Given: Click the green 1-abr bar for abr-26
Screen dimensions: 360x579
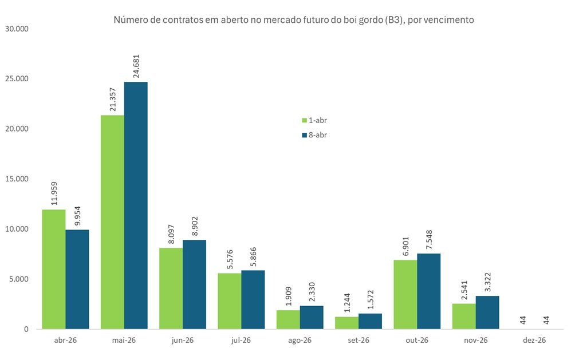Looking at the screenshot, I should pos(53,269).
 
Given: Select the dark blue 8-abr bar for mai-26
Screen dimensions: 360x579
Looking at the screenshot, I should pos(136,205).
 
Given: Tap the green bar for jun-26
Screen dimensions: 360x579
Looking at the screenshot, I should pos(171,288).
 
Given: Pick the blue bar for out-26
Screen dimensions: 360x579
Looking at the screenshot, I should pos(428,291).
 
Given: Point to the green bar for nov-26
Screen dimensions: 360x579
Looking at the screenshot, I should pos(463,316).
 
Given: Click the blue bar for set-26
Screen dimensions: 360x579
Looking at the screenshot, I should pos(370,321).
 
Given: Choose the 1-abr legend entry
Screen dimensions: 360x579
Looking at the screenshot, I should pos(314,120).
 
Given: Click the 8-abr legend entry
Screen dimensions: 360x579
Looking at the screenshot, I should pos(314,135).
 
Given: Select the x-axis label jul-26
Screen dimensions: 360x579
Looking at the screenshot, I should pos(241,340).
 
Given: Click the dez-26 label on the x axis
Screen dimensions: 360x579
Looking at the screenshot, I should pos(534,340).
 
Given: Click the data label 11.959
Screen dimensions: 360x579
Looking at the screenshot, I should pos(53,193).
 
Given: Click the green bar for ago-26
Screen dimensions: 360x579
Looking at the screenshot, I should pos(287,319).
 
